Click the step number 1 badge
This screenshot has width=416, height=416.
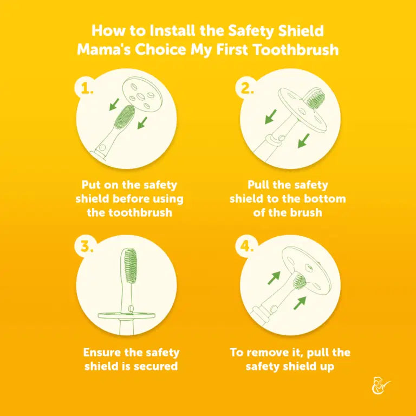(x=86, y=88)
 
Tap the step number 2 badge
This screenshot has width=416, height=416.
(x=247, y=88)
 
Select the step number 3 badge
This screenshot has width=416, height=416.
(x=86, y=246)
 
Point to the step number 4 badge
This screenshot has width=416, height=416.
(x=247, y=246)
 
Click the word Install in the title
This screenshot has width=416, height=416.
(x=172, y=30)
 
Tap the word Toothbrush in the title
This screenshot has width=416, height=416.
(x=296, y=50)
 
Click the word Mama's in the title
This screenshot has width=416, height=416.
(x=104, y=50)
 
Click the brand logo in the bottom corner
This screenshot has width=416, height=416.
(x=381, y=386)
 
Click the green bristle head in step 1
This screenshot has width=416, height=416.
(x=124, y=117)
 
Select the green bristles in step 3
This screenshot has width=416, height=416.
(x=131, y=266)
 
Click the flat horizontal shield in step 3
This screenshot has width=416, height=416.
(x=126, y=315)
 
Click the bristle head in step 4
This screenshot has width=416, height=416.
(x=299, y=282)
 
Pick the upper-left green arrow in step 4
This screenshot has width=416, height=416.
(x=274, y=278)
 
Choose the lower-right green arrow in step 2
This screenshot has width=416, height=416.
(x=303, y=141)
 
